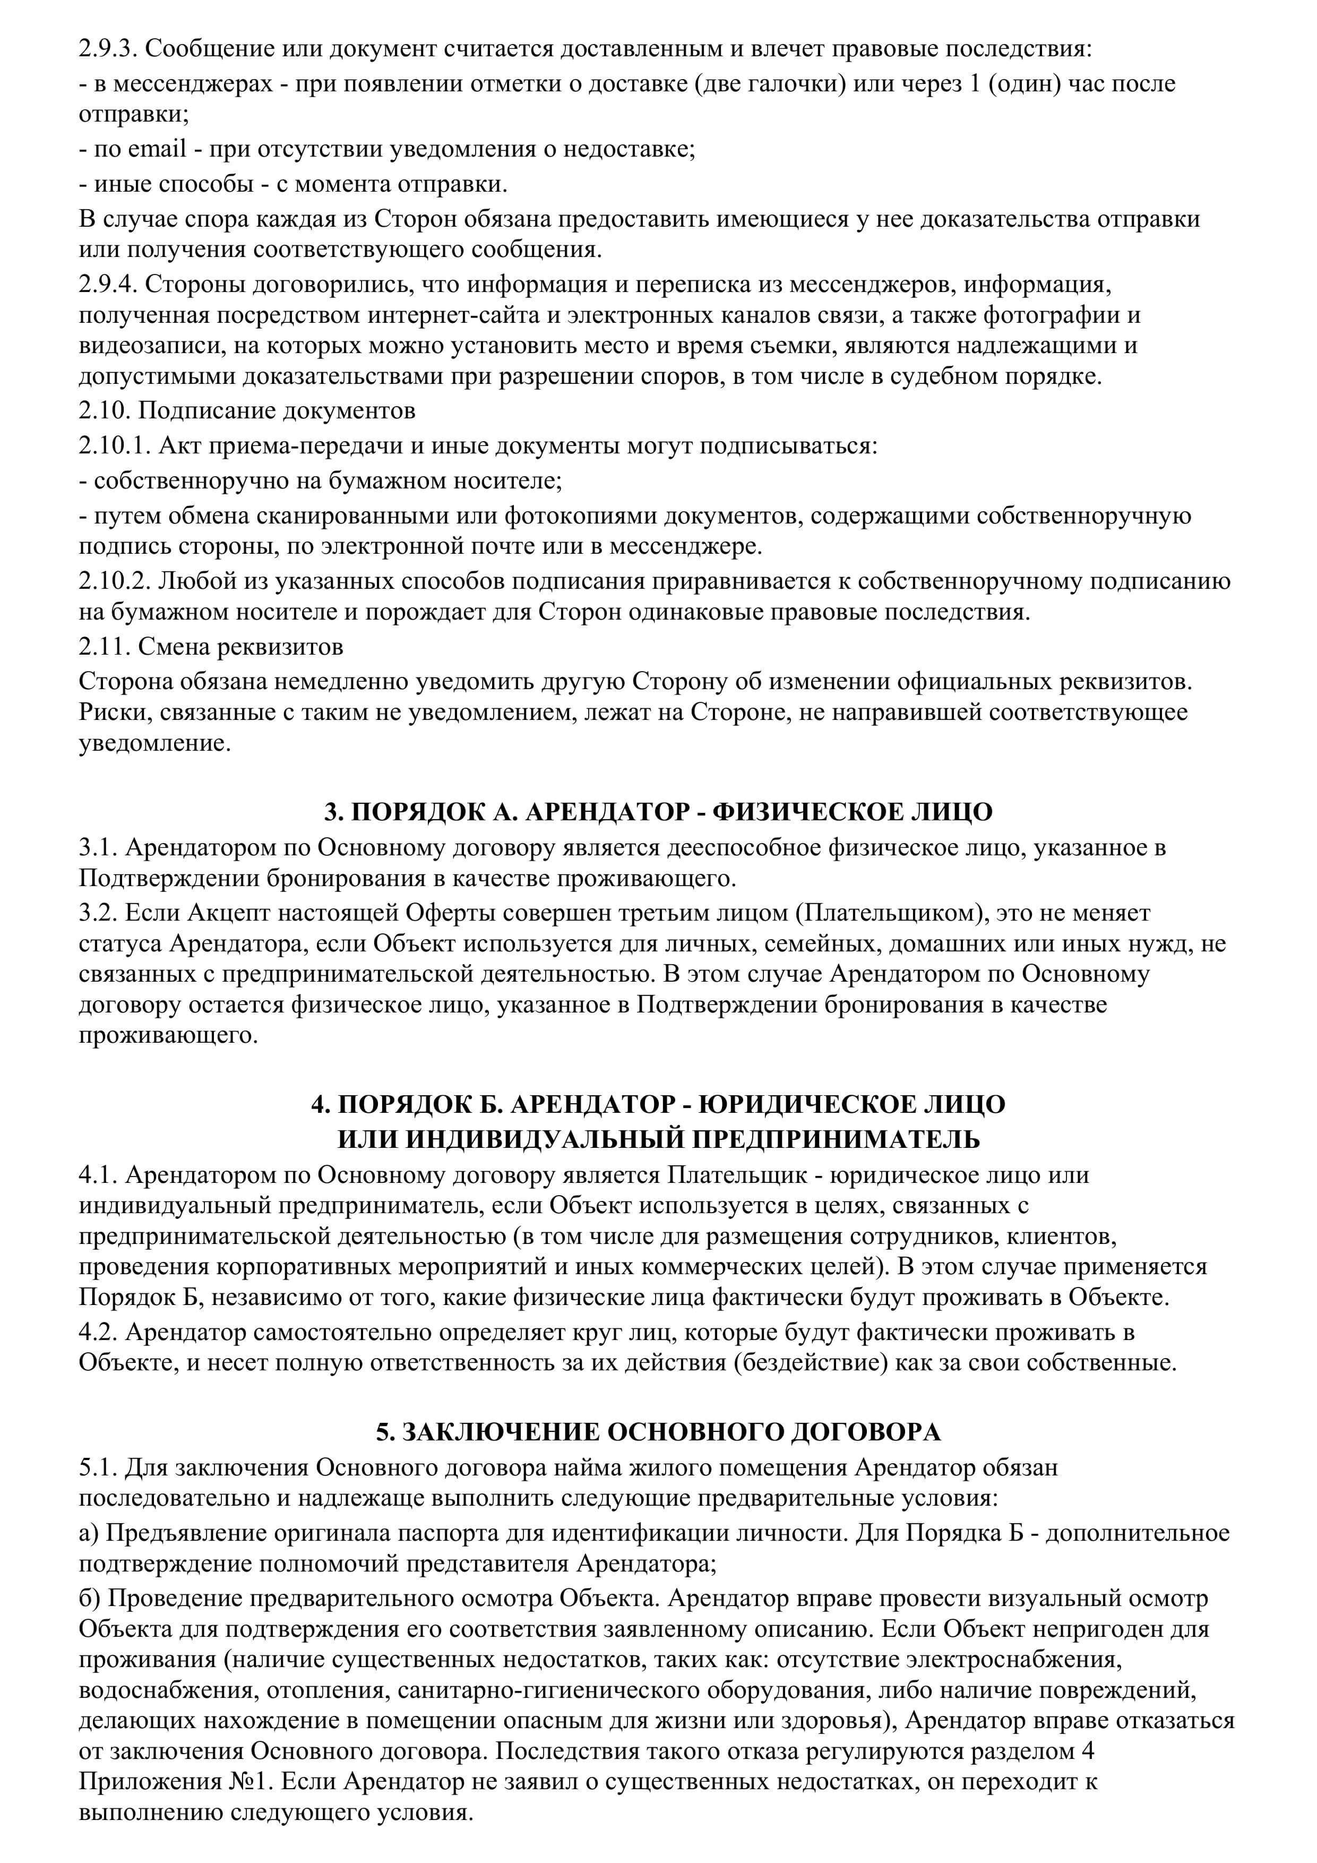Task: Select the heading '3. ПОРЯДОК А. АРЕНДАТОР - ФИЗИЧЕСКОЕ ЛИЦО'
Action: tap(658, 812)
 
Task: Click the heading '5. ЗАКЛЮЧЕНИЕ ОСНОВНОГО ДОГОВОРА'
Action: tap(658, 1432)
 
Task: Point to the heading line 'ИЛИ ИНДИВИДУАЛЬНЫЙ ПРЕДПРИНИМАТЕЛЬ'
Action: tap(658, 1139)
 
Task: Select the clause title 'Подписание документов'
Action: tap(276, 410)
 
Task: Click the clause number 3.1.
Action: tap(99, 848)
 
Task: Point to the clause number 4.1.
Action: tap(99, 1175)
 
